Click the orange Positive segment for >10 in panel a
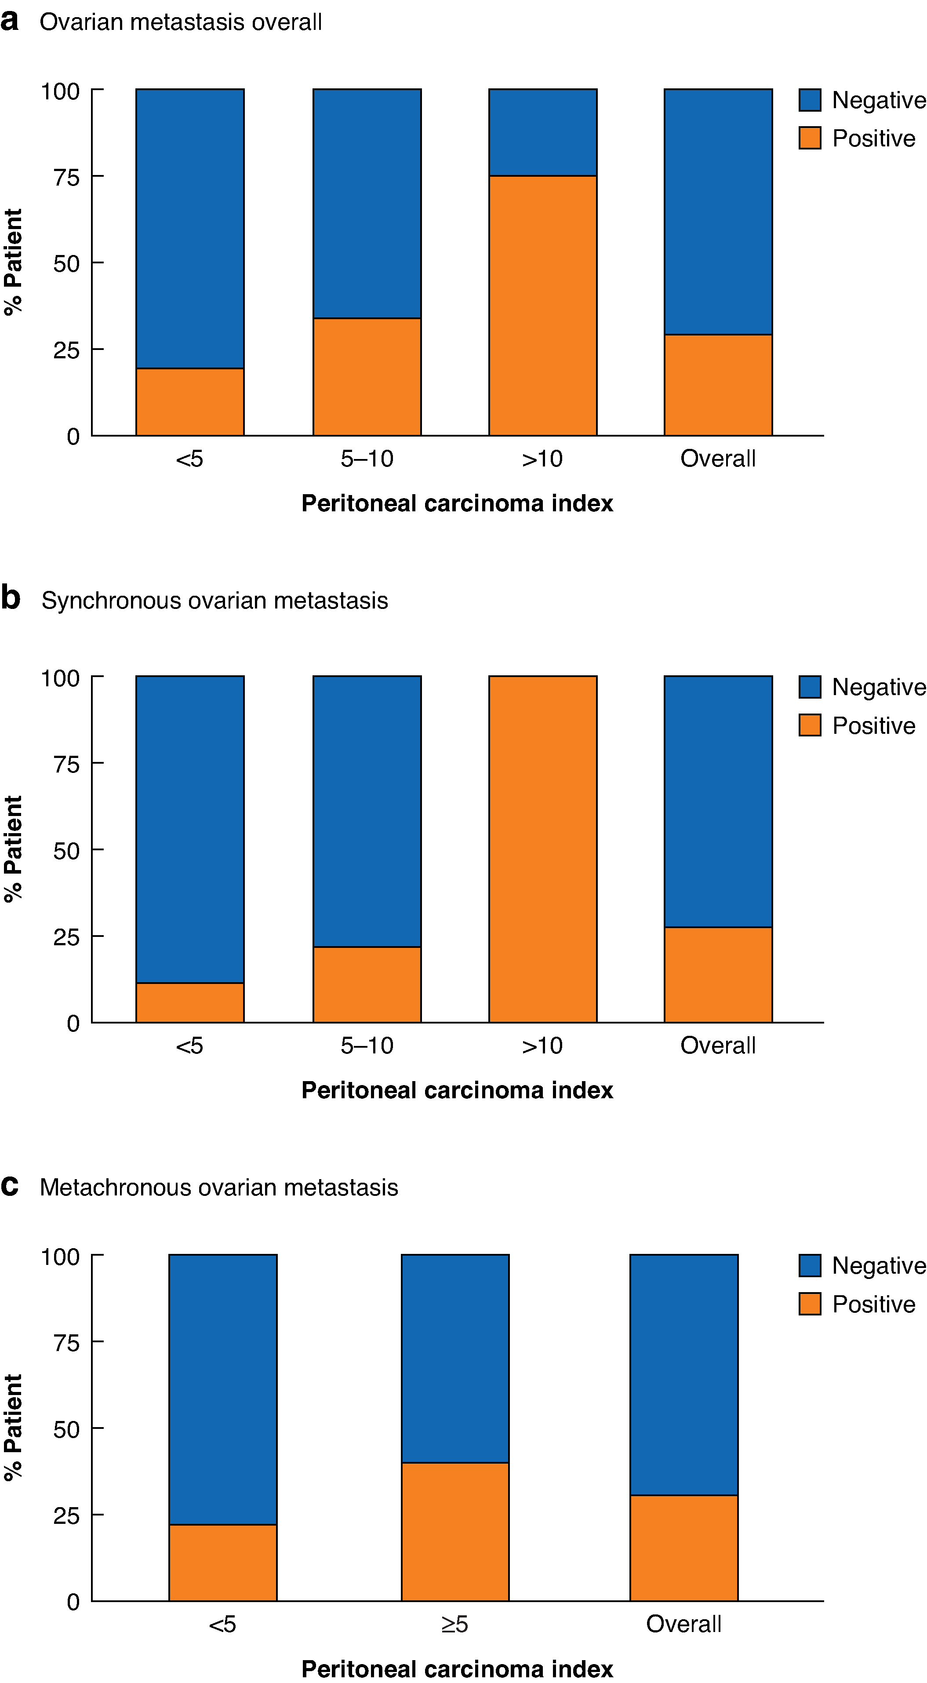pyautogui.click(x=542, y=305)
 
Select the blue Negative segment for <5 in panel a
pyautogui.click(x=189, y=229)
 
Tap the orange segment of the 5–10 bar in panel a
pyautogui.click(x=367, y=376)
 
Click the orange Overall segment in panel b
pyautogui.click(x=718, y=974)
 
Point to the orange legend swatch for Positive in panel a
pyautogui.click(x=809, y=138)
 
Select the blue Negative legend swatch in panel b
pyautogui.click(x=809, y=687)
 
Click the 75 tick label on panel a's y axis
pyautogui.click(x=67, y=177)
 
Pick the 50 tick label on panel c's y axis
pyautogui.click(x=67, y=1429)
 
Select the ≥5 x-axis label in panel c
pyautogui.click(x=454, y=1624)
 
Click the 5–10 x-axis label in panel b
pyautogui.click(x=367, y=1045)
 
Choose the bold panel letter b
pyautogui.click(x=11, y=598)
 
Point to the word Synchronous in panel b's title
pyautogui.click(x=112, y=601)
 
